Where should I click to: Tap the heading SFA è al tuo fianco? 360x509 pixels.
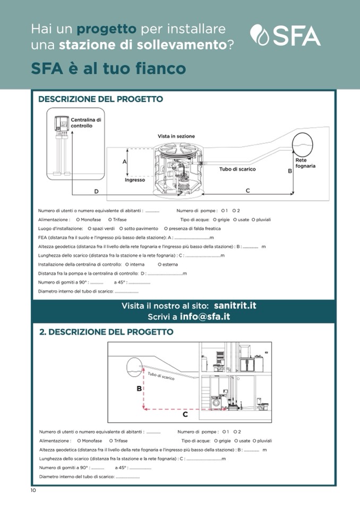pos(108,68)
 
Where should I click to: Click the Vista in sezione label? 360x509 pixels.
pos(174,136)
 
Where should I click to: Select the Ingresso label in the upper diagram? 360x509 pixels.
pos(135,180)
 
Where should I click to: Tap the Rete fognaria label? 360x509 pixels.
pos(305,163)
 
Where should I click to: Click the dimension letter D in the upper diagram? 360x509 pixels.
pos(96,191)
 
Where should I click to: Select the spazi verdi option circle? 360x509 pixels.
pos(90,228)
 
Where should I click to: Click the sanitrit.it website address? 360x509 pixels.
pos(235,306)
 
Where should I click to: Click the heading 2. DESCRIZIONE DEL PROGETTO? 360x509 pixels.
pos(106,332)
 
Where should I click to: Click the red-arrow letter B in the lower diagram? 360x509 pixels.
pos(139,389)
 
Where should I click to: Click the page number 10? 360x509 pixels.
pos(33,490)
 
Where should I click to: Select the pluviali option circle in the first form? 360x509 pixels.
pos(253,219)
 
